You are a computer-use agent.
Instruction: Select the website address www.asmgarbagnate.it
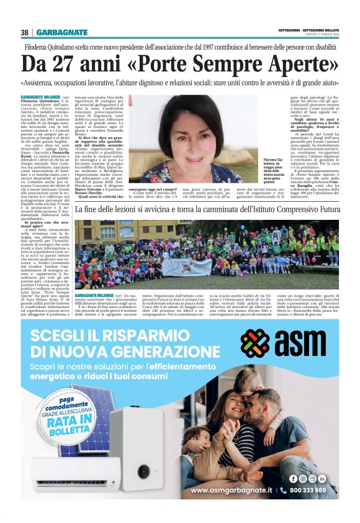(231, 491)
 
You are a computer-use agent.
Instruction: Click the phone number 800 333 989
(307, 491)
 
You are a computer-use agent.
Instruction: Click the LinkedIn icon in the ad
(322, 478)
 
